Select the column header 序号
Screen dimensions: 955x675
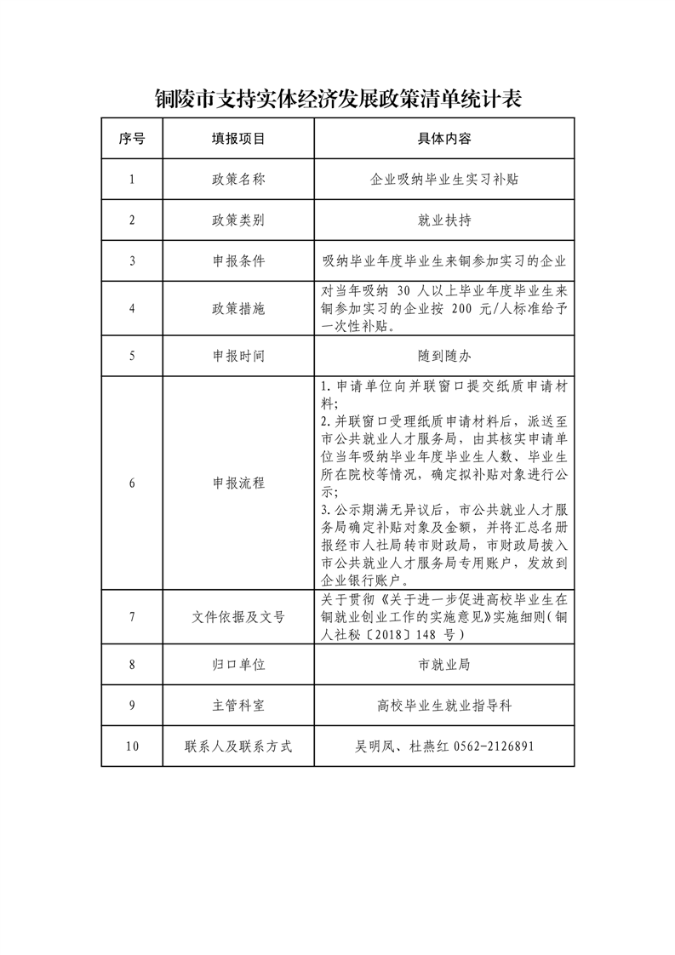(x=132, y=138)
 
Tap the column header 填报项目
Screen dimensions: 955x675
(x=238, y=138)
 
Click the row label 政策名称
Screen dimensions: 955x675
(x=238, y=180)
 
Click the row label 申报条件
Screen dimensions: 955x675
(x=238, y=261)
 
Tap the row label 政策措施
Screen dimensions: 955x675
(x=238, y=309)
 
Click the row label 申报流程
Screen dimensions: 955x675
(x=238, y=483)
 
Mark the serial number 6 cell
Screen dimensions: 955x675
(x=132, y=483)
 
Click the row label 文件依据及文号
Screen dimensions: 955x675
(x=238, y=616)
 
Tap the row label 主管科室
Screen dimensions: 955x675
(x=238, y=706)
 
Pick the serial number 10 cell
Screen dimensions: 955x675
(x=132, y=746)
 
